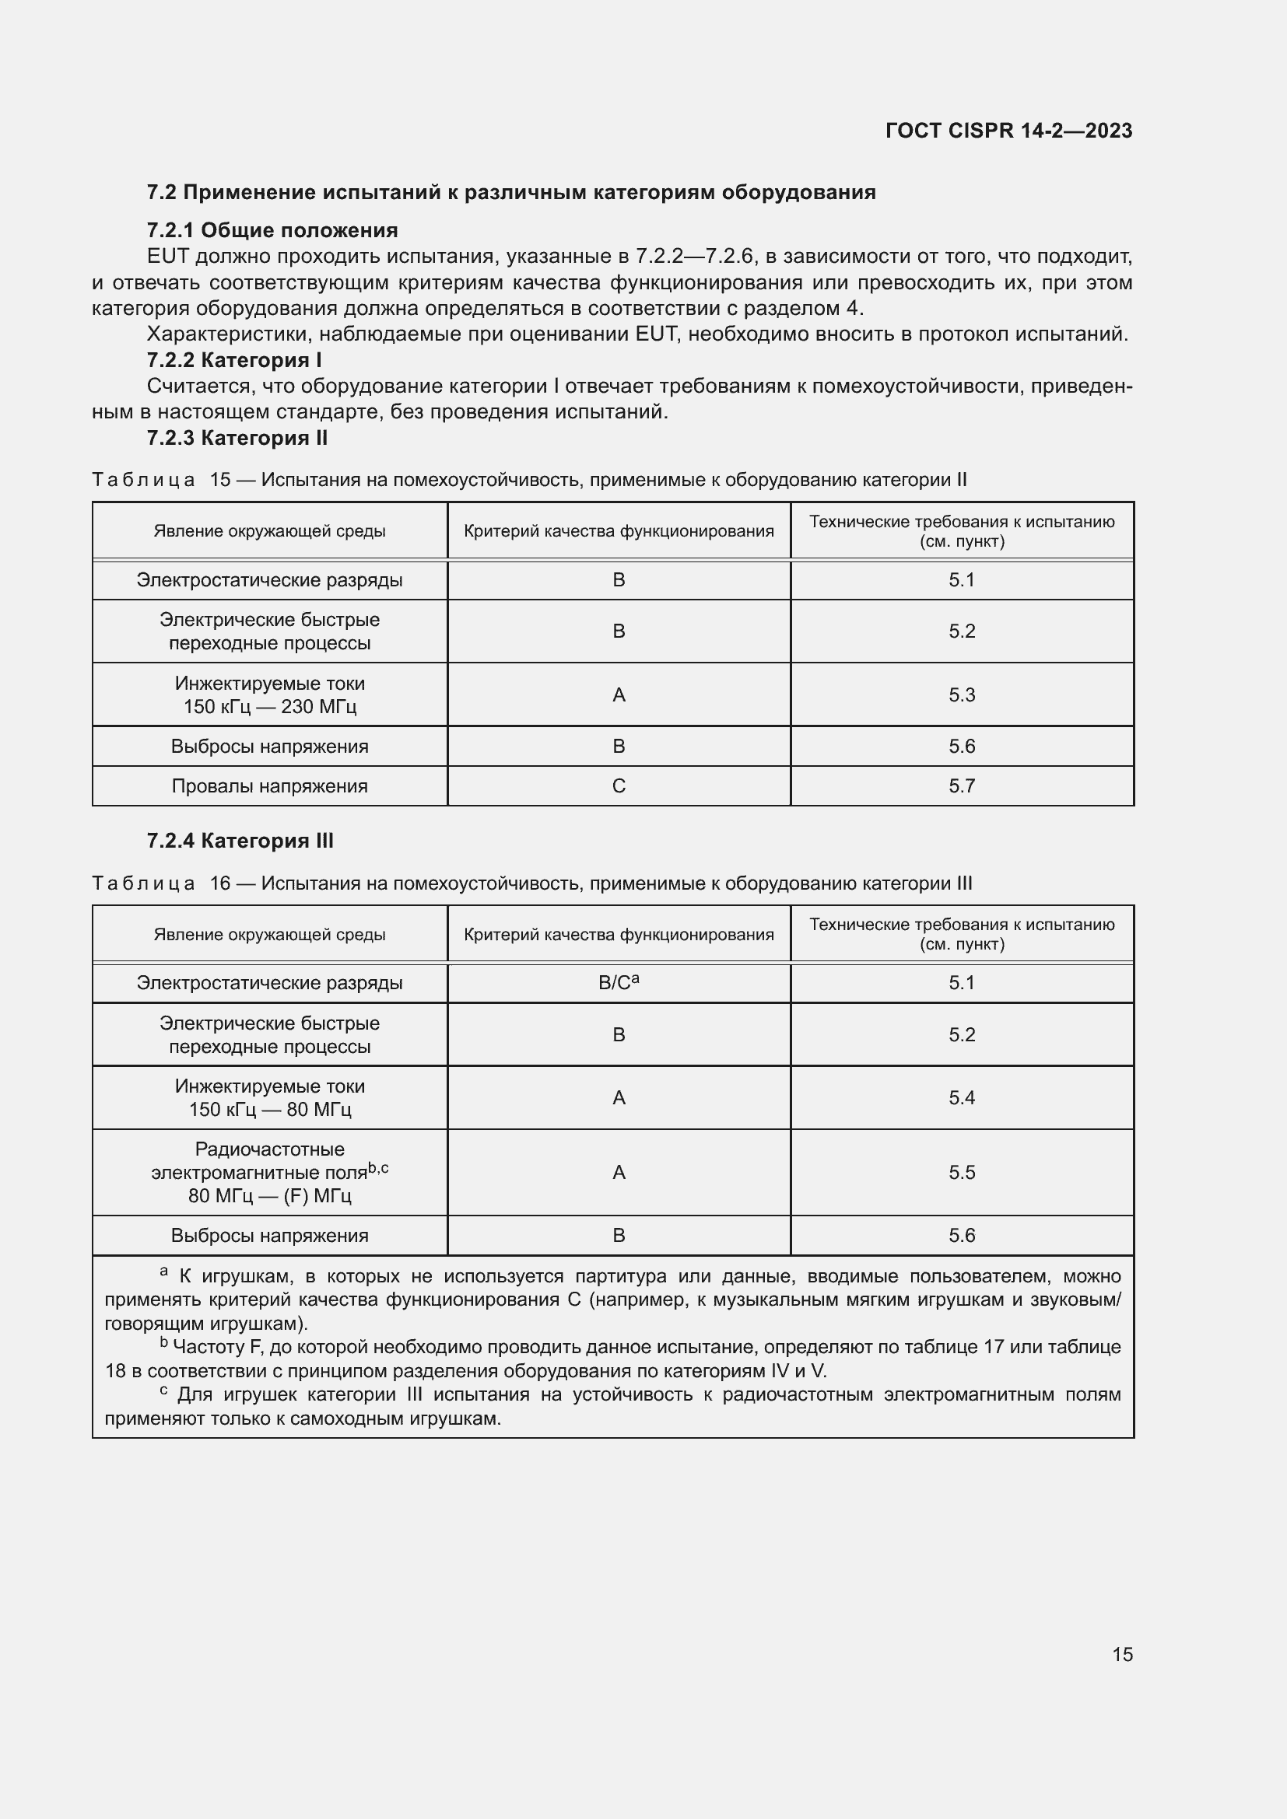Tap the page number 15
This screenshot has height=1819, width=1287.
(1122, 1654)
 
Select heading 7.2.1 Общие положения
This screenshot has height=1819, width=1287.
(272, 230)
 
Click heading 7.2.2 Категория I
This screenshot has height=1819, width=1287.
(233, 361)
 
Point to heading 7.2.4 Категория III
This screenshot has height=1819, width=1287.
(240, 841)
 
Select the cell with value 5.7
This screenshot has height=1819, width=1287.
(961, 786)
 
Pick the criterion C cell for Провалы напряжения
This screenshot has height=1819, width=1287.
(619, 786)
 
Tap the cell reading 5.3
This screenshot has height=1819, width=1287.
(961, 694)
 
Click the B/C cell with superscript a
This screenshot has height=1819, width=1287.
(619, 983)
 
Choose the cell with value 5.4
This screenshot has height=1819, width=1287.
(961, 1098)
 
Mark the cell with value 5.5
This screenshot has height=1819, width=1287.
(961, 1173)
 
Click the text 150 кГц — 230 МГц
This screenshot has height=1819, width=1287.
(269, 707)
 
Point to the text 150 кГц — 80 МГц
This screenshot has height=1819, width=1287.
(269, 1110)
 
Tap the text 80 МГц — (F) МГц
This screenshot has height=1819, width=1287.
(269, 1196)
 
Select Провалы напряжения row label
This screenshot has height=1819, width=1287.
(269, 786)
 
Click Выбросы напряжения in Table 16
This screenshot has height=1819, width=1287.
(269, 1236)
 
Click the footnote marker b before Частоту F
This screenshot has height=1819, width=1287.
(164, 1343)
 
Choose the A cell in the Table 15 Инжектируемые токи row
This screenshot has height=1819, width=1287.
(619, 694)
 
